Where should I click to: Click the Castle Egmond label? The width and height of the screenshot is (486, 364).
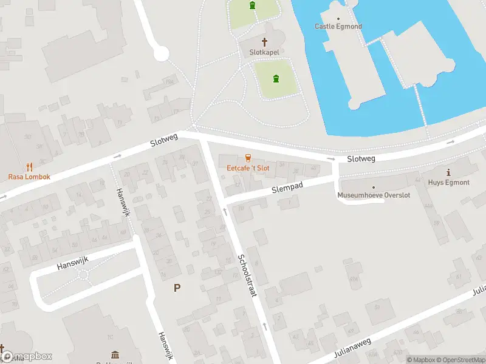[338, 26]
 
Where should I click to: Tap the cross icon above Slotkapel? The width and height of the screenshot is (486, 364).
[265, 42]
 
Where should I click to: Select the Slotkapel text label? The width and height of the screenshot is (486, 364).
[265, 53]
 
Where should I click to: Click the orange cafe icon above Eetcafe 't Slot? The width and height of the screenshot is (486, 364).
[248, 158]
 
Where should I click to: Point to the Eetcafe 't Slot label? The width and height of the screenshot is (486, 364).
[248, 167]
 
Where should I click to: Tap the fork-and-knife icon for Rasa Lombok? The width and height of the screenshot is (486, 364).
[29, 166]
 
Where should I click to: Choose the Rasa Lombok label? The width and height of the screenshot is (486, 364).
[29, 177]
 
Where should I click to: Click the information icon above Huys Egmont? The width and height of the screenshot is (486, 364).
[448, 172]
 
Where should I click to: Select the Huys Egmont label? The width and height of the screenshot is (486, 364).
[448, 182]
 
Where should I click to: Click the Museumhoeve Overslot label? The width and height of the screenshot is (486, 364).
[374, 195]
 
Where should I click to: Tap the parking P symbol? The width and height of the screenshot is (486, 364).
[177, 288]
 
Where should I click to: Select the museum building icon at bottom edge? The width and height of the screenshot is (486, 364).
[115, 354]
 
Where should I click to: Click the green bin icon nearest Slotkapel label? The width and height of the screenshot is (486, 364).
[276, 78]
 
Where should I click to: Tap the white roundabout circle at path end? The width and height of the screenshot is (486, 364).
[160, 55]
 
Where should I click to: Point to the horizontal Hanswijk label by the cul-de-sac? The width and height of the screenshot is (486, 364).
[72, 263]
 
